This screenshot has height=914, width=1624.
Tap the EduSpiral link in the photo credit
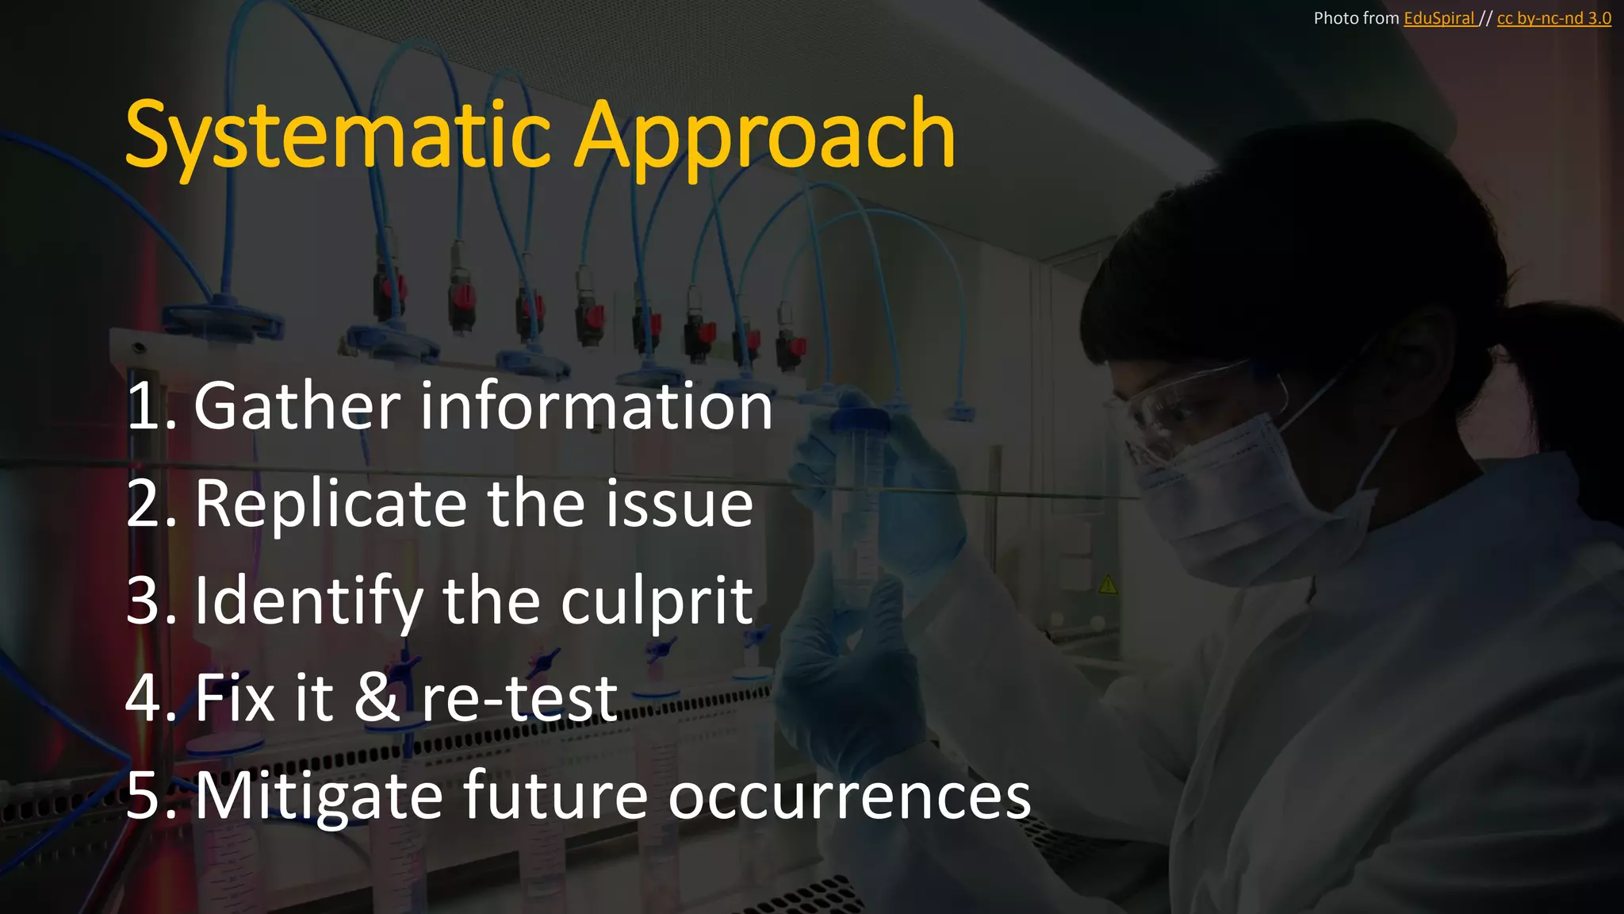(x=1438, y=18)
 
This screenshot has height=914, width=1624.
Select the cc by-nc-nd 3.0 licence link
(x=1553, y=18)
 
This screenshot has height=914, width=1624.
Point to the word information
(x=596, y=406)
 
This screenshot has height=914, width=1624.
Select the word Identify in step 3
(x=308, y=601)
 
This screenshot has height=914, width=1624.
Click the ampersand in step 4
(x=377, y=698)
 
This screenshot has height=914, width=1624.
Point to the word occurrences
(x=849, y=796)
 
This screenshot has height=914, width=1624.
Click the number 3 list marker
(x=144, y=601)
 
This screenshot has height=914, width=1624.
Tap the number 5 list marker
(x=144, y=796)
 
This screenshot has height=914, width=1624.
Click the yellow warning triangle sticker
(x=1108, y=586)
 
